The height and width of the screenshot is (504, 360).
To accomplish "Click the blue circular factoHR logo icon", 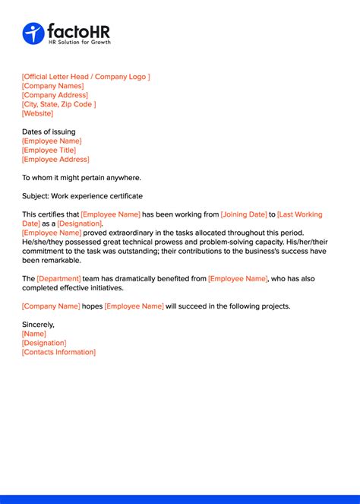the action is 33,33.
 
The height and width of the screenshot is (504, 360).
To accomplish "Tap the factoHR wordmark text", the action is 78,30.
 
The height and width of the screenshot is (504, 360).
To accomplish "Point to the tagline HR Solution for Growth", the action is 79,42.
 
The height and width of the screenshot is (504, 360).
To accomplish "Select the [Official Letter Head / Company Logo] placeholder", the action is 86,77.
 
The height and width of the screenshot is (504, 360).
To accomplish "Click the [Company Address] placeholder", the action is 55,95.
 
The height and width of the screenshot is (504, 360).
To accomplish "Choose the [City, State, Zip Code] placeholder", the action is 59,104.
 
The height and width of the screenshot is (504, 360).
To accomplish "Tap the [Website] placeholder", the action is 38,113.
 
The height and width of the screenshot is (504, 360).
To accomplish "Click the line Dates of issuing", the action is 49,132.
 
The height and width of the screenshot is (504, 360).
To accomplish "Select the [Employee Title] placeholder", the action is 49,150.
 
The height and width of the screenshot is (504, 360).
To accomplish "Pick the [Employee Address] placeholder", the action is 55,159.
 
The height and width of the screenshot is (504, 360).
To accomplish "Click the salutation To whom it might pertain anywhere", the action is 81,178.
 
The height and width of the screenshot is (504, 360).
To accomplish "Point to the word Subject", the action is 35,196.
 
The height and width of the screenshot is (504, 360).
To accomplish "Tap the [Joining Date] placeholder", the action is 243,214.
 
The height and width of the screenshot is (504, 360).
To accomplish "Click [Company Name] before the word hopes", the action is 51,306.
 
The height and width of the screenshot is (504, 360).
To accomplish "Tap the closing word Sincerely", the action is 38,325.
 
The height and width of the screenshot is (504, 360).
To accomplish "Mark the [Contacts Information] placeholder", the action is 59,352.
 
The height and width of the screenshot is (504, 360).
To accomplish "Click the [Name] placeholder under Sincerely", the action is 34,334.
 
